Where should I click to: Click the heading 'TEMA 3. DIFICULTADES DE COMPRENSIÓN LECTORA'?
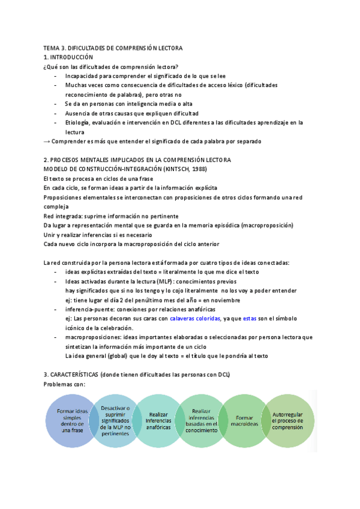(113, 47)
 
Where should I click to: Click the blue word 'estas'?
(250, 318)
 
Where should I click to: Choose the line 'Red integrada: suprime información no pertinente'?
(111, 216)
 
